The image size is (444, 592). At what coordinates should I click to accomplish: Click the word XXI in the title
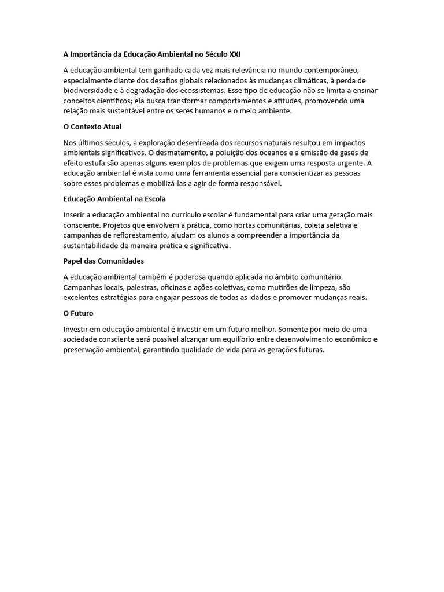pyautogui.click(x=234, y=54)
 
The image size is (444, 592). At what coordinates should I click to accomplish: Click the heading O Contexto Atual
pyautogui.click(x=92, y=127)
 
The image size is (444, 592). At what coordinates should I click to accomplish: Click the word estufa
pyautogui.click(x=96, y=163)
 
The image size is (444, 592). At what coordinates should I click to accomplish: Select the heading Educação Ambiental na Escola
pyautogui.click(x=114, y=199)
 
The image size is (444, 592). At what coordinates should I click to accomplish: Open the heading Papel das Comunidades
pyautogui.click(x=103, y=261)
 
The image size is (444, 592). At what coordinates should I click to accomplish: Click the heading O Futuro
pyautogui.click(x=78, y=313)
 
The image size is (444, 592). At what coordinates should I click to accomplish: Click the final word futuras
pyautogui.click(x=311, y=350)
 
